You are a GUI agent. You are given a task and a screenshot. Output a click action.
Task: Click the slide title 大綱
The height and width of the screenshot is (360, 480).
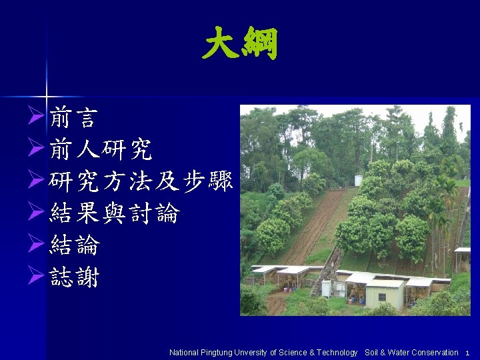point(240,45)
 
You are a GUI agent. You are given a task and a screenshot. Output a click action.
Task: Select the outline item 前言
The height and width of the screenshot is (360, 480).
point(73,119)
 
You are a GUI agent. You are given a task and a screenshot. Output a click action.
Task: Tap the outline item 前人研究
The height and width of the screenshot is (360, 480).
point(101,151)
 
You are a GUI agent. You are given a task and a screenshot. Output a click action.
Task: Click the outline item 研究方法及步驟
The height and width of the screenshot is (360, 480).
point(141,182)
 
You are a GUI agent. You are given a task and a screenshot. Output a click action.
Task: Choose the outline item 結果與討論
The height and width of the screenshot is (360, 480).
point(114,214)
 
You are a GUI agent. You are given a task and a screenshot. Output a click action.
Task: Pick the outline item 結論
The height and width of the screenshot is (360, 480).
point(74,245)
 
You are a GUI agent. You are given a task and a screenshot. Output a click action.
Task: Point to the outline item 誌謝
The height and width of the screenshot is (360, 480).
point(74,277)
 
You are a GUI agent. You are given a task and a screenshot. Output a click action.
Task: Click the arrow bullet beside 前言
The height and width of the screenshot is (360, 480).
point(37,119)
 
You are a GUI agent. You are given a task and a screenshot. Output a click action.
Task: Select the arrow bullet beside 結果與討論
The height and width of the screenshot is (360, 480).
point(37,215)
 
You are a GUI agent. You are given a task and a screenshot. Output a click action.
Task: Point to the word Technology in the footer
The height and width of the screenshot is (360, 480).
point(337,353)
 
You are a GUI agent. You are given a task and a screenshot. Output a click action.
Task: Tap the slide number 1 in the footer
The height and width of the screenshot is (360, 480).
point(467,353)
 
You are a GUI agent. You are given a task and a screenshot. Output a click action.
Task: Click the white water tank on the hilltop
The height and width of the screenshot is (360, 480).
point(359,180)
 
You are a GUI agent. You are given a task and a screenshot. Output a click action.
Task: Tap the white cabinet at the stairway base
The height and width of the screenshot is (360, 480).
point(327,288)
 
